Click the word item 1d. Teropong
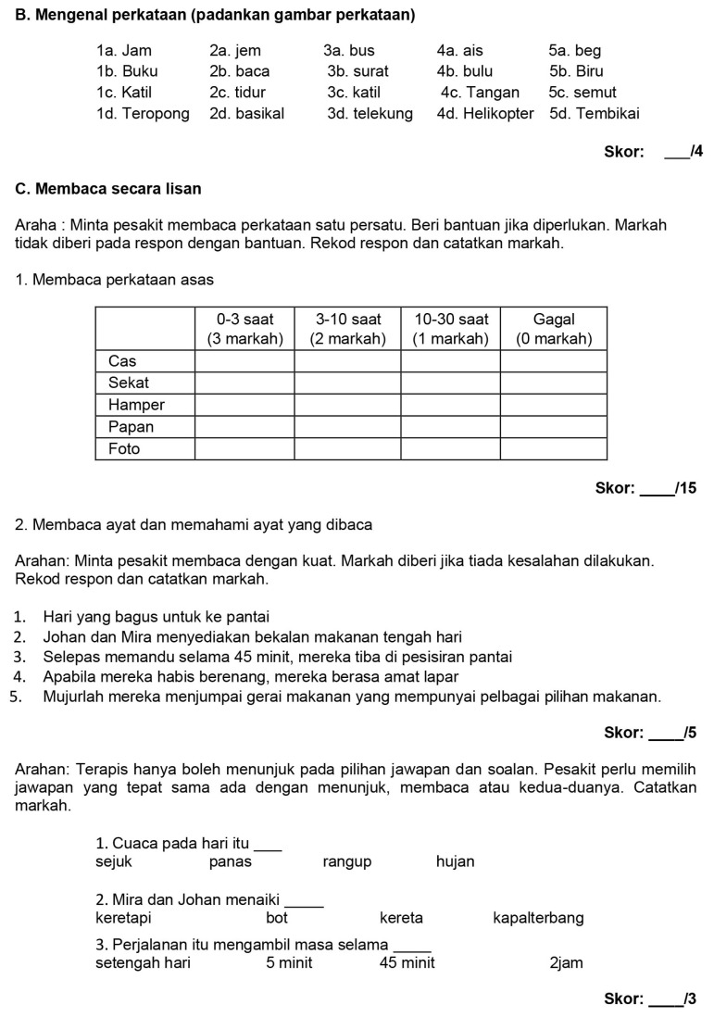[x=143, y=114]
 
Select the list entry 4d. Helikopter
[x=485, y=114]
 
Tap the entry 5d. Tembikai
[x=594, y=114]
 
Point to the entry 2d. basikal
[x=247, y=114]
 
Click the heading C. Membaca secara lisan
[x=108, y=189]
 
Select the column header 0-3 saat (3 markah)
[x=244, y=329]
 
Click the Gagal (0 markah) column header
[x=554, y=329]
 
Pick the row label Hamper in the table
[x=136, y=405]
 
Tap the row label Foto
[x=124, y=449]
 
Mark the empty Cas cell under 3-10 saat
[x=347, y=360]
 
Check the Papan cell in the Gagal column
[x=554, y=427]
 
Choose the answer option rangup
[x=347, y=862]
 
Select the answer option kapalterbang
[x=539, y=919]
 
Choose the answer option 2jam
[x=566, y=963]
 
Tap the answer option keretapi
[x=123, y=919]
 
